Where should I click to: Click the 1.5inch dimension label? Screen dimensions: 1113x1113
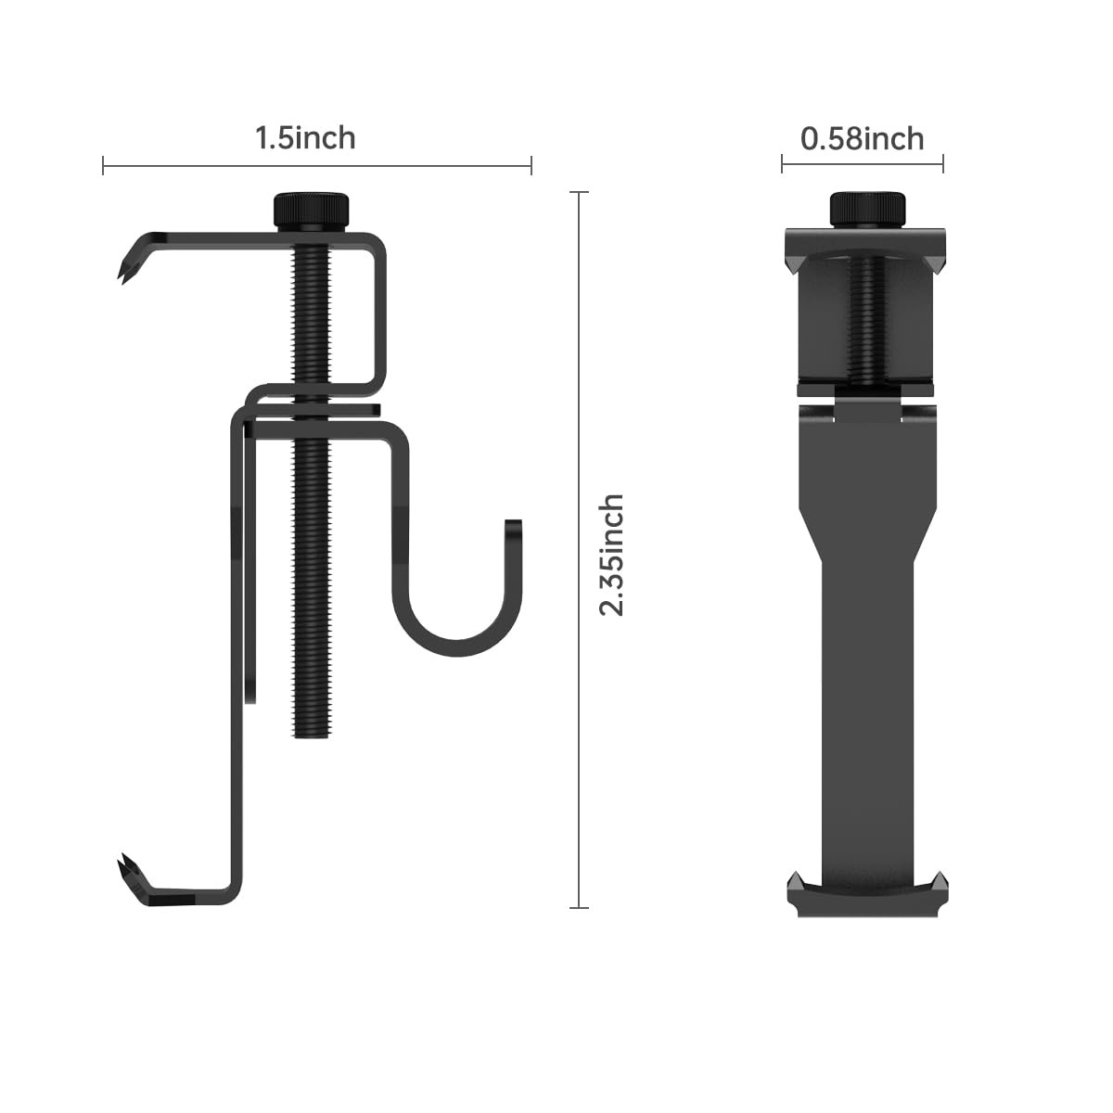click(x=305, y=138)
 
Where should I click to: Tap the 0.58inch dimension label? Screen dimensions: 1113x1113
click(x=862, y=139)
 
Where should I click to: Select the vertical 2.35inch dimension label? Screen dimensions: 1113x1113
click(x=611, y=556)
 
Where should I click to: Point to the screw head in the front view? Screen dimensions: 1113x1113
click(x=867, y=210)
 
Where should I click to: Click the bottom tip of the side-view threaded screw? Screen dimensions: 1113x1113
click(x=312, y=736)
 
